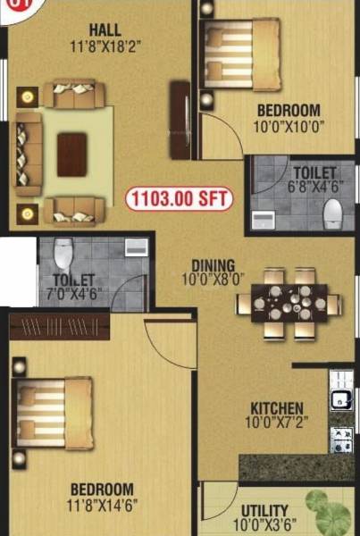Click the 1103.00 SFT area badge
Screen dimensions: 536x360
pyautogui.click(x=179, y=198)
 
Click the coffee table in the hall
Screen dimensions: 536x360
pyautogui.click(x=72, y=154)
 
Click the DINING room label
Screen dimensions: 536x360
pyautogui.click(x=212, y=265)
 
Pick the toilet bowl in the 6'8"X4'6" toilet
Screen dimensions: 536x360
pyautogui.click(x=332, y=212)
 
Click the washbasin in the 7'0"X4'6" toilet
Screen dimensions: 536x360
pyautogui.click(x=137, y=247)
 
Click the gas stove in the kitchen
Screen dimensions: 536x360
pyautogui.click(x=340, y=437)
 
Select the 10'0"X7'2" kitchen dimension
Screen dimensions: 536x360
pyautogui.click(x=276, y=424)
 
